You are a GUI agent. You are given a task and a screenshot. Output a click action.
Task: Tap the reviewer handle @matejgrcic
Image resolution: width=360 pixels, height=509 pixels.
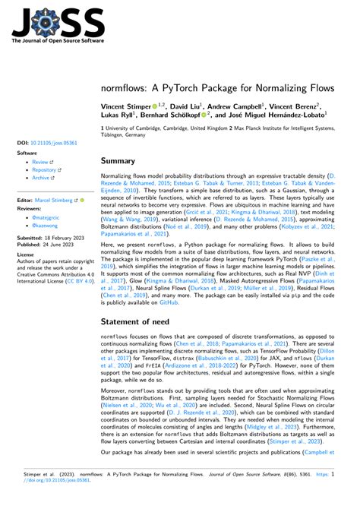46,218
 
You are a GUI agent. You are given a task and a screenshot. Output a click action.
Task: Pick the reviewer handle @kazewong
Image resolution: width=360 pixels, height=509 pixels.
46,226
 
